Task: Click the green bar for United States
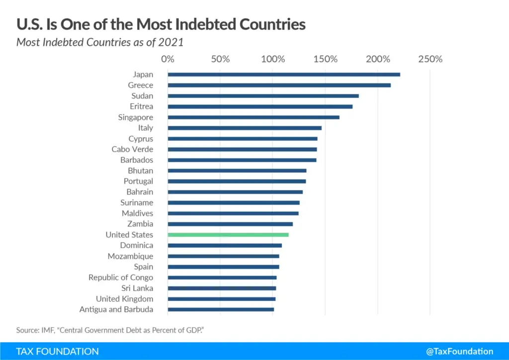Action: coord(228,235)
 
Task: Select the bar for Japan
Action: coord(284,75)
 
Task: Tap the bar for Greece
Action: coord(279,85)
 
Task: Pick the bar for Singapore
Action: coord(254,117)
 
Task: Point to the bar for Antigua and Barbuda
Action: coord(221,309)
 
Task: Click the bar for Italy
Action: coord(245,128)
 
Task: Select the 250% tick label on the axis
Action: coord(430,59)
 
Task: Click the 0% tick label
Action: coord(168,59)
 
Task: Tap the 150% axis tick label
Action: coord(325,59)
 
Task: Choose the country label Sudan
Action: coord(142,96)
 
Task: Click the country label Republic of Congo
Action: coord(121,277)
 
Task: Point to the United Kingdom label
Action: coord(124,299)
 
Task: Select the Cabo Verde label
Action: coord(132,149)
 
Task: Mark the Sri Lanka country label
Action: coord(137,288)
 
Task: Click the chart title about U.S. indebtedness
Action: coord(161,23)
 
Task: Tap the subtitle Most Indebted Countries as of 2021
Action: coord(100,42)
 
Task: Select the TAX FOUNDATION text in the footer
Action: coord(57,351)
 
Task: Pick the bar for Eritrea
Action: coord(260,106)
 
